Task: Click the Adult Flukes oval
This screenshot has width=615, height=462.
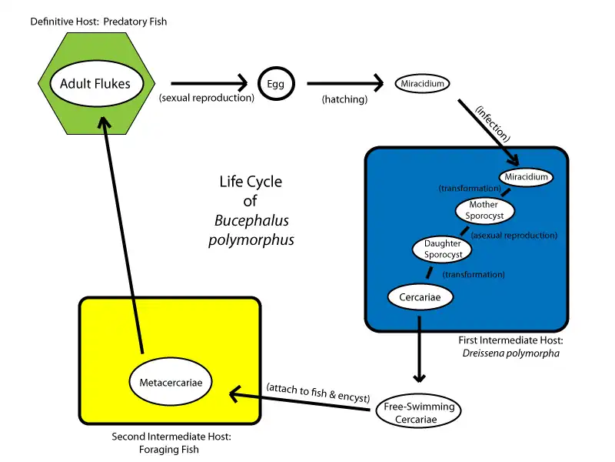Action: [x=96, y=83]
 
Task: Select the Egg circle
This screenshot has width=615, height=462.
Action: [x=275, y=83]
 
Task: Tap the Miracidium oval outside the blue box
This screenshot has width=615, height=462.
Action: [x=422, y=83]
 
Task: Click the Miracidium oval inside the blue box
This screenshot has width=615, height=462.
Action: [x=527, y=177]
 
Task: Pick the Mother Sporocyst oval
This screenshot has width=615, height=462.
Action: [x=484, y=210]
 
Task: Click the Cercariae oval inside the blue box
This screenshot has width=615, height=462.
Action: [x=420, y=296]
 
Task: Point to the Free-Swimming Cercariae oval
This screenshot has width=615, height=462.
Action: [x=419, y=413]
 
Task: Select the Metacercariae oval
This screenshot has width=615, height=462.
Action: [x=171, y=381]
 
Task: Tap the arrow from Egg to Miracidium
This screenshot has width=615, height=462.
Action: [x=344, y=83]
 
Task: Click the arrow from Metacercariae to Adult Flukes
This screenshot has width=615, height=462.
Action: [x=123, y=231]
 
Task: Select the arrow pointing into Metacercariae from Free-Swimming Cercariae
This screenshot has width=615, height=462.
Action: [x=300, y=401]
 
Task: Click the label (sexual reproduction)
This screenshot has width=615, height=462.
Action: [x=206, y=99]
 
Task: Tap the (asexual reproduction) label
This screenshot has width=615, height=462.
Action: [x=514, y=235]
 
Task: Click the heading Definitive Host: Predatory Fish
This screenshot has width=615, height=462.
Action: [x=98, y=22]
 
